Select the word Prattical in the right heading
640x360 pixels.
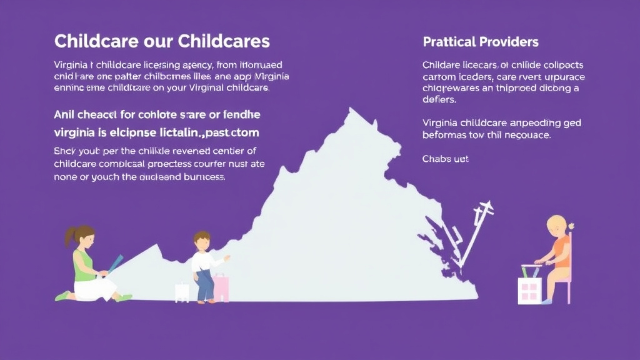tap(448, 42)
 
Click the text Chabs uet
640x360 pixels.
tap(446, 159)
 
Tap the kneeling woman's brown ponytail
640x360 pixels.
tap(68, 236)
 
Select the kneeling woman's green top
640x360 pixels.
tap(84, 262)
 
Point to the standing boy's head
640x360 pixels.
tap(201, 240)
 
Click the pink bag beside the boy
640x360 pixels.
tap(221, 287)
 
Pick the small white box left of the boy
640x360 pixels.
tap(182, 292)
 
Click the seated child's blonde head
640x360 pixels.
tap(557, 224)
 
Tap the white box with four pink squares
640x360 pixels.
tap(529, 289)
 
